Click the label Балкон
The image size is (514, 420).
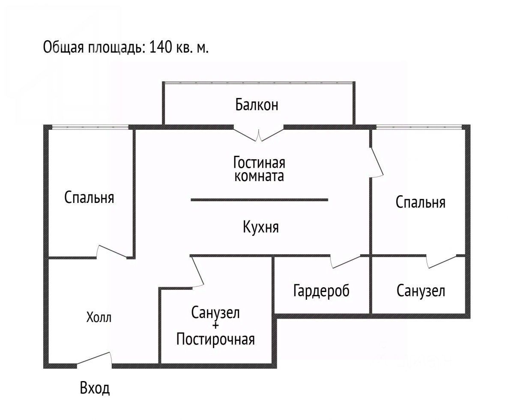(257, 104)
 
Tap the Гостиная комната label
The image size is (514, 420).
(259, 169)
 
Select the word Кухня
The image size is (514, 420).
(260, 226)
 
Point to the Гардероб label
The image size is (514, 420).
(321, 291)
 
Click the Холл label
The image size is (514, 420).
(99, 318)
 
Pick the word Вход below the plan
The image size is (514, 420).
(95, 388)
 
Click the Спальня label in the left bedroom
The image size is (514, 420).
(89, 197)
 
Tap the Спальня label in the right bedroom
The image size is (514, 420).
(420, 202)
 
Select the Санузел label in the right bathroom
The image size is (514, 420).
(421, 291)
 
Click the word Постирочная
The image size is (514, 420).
(215, 340)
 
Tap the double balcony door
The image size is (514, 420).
(258, 134)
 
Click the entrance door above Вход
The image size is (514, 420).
(95, 359)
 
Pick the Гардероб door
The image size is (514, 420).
(346, 261)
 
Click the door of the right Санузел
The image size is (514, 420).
(442, 261)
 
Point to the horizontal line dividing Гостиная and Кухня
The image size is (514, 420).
(259, 200)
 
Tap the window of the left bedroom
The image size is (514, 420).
(90, 126)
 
